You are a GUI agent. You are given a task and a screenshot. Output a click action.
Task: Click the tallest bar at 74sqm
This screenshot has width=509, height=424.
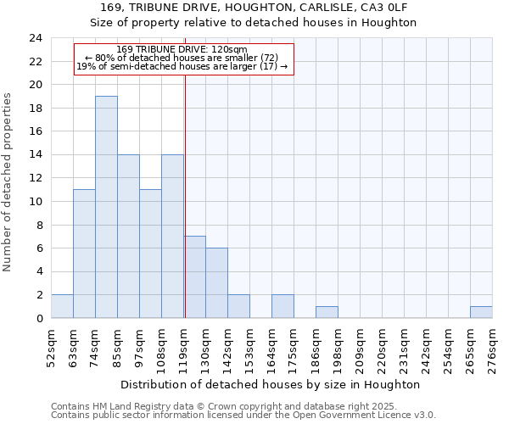(106, 207)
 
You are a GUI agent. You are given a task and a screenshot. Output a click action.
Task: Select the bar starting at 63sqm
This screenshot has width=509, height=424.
(84, 254)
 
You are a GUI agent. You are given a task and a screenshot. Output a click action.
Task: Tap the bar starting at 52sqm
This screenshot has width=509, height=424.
(62, 306)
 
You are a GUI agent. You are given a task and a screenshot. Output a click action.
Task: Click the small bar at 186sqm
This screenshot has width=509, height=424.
(327, 312)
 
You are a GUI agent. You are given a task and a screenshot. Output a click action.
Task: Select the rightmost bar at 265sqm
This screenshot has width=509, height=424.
(481, 312)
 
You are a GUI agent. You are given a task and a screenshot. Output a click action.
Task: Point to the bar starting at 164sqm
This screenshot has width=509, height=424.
(282, 306)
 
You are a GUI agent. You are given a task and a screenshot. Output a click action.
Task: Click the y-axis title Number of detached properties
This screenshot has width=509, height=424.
(8, 182)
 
